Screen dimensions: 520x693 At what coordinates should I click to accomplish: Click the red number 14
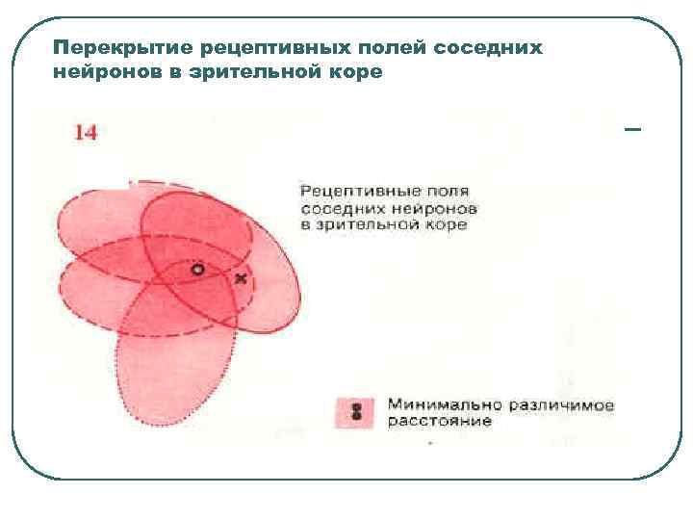(x=86, y=132)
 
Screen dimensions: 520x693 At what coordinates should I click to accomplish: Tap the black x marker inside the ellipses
(x=241, y=278)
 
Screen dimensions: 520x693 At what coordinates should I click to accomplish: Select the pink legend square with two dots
(x=355, y=412)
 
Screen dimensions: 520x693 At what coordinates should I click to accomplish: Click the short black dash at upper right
(x=632, y=129)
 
